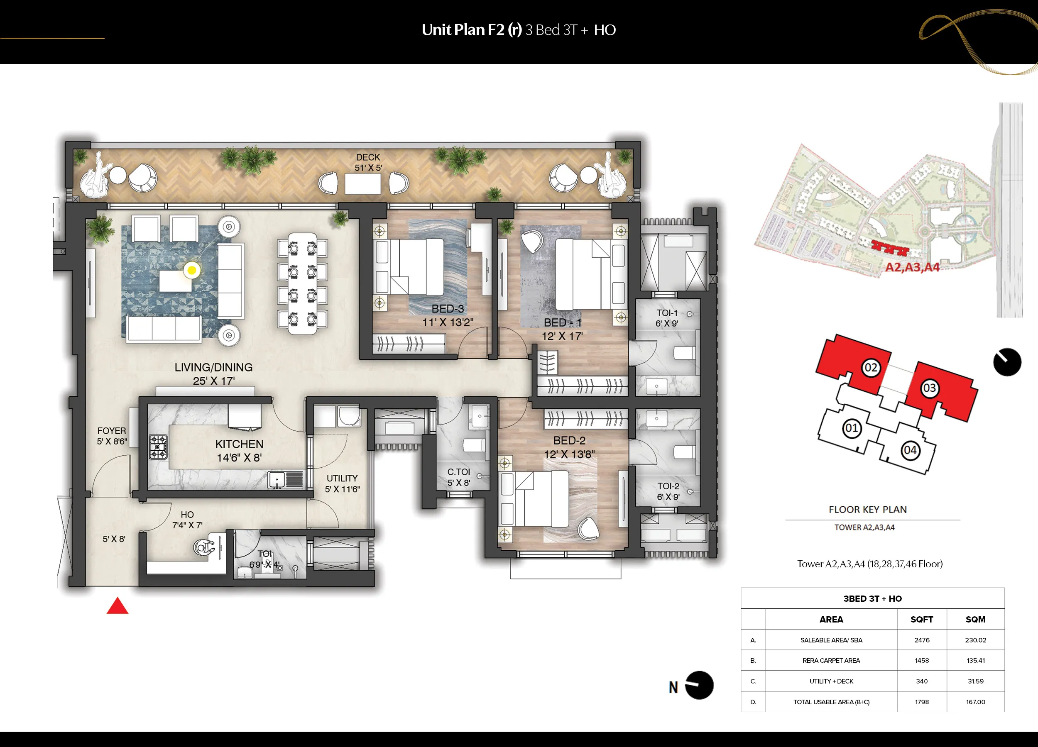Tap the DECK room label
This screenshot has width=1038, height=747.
368,157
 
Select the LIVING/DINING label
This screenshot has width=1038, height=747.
213,367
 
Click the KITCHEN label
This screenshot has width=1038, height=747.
239,444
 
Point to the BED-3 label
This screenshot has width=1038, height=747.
448,309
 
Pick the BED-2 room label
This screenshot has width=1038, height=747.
569,440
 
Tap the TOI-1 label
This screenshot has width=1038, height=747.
667,313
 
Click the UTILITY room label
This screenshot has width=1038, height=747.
343,478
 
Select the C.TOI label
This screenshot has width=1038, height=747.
458,471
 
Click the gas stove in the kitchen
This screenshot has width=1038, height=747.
158,447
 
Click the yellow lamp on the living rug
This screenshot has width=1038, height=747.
192,270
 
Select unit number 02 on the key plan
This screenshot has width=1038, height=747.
871,368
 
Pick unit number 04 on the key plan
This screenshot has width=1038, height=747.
910,451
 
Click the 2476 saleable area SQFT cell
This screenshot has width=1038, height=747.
922,640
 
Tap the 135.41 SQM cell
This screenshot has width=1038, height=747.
975,661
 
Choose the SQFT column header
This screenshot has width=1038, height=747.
922,619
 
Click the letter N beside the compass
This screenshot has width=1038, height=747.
673,687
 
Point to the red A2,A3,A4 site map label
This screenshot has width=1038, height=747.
912,267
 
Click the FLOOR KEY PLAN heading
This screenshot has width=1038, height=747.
868,510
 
